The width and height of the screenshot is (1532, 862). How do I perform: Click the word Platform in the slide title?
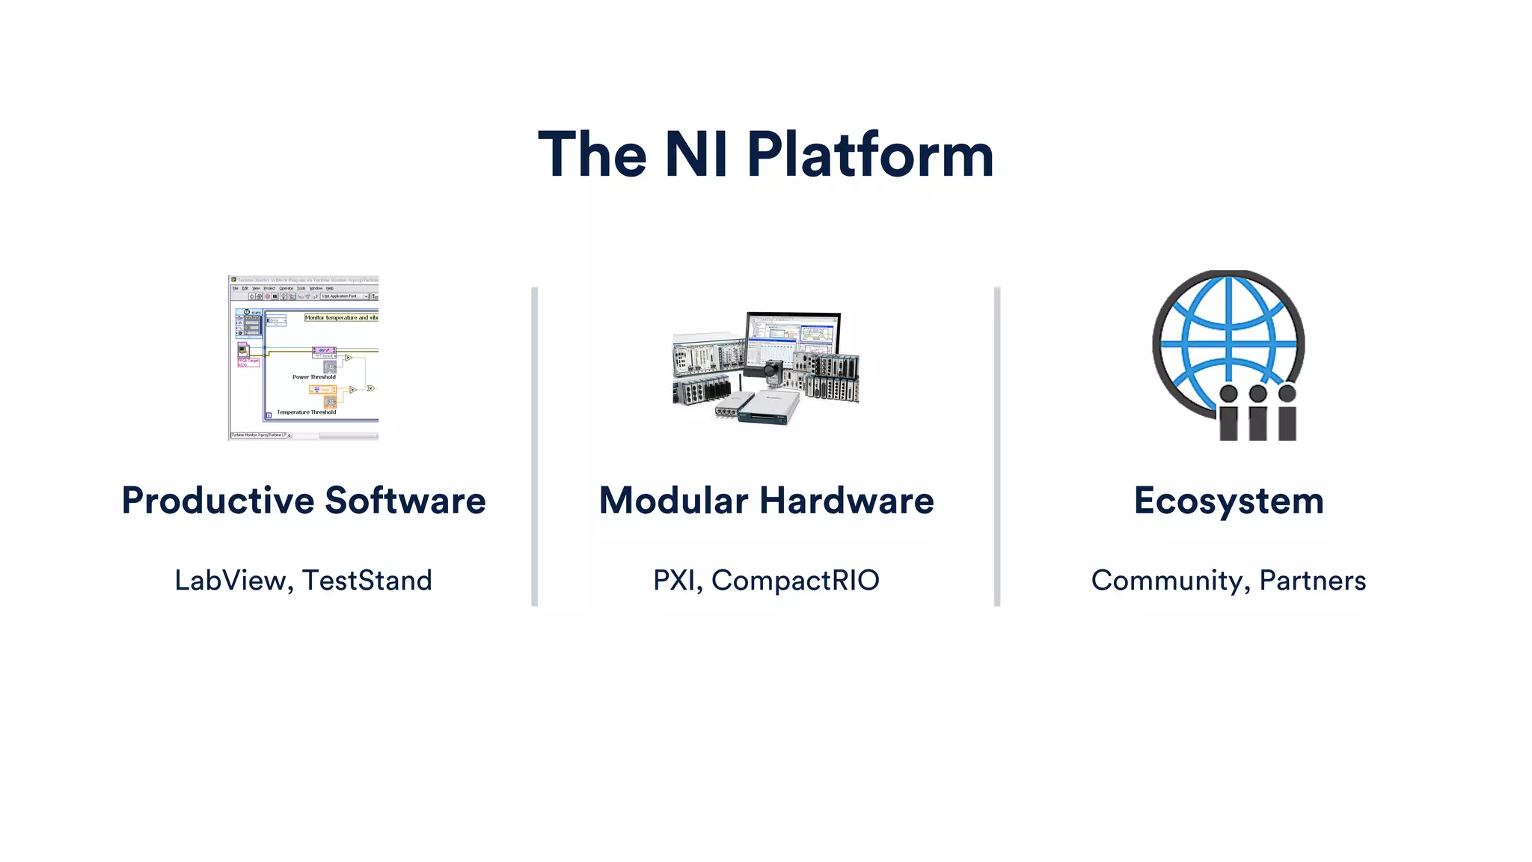pos(870,156)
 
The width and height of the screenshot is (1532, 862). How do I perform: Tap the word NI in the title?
pos(696,156)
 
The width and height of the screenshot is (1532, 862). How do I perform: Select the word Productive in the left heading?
pos(218,501)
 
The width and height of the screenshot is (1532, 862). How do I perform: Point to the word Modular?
pos(673,501)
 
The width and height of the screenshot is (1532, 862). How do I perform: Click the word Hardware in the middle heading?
pos(847,501)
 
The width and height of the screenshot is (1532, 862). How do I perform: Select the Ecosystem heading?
pos(1228,501)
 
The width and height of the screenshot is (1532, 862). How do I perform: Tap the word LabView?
pos(230,581)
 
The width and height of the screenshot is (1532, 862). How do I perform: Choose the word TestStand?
pos(367,581)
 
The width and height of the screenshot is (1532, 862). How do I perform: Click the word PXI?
pos(676,581)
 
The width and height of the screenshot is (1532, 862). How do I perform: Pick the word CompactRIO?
pos(795,581)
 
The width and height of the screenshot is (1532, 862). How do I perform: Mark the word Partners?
pos(1313,581)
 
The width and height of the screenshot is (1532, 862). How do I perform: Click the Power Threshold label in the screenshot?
pos(314,377)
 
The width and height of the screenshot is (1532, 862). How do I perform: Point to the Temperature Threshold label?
pos(307,412)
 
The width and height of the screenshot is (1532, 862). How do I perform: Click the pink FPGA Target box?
pos(248,362)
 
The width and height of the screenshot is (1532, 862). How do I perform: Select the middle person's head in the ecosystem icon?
pos(1258,394)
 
